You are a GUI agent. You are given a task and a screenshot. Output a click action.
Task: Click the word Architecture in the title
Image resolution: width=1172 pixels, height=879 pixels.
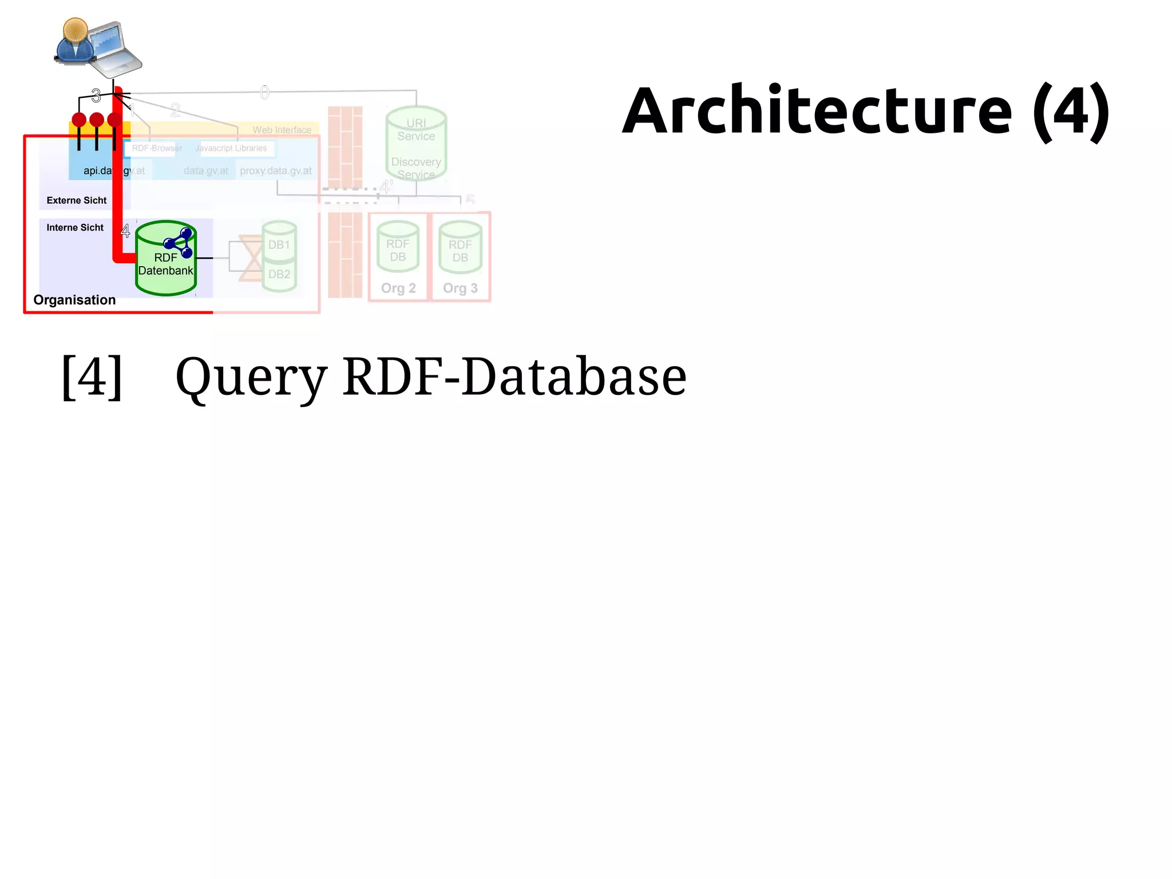[x=817, y=111]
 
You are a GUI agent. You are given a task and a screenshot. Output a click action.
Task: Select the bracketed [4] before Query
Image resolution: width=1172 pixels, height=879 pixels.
[x=92, y=377]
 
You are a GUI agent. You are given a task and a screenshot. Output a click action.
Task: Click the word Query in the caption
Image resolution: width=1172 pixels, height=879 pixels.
[x=251, y=378]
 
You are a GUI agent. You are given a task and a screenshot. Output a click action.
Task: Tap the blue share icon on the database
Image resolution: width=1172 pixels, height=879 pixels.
[x=179, y=243]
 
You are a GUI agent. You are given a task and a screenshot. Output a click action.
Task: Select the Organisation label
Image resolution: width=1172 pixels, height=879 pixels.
[x=74, y=300]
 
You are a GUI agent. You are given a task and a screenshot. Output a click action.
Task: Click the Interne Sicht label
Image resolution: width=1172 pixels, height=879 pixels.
[x=75, y=228]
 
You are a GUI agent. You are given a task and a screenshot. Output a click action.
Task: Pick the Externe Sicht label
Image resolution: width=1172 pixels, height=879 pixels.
[x=77, y=200]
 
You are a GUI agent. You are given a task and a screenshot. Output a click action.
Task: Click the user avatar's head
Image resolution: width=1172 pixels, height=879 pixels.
[x=76, y=30]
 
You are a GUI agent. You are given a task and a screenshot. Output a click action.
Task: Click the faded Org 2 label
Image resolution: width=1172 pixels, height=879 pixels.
[x=398, y=288]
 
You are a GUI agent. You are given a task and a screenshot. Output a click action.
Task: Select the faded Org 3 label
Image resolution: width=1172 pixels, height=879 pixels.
[x=460, y=288]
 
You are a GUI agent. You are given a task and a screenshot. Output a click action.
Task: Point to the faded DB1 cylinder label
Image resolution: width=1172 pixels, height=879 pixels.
[x=279, y=245]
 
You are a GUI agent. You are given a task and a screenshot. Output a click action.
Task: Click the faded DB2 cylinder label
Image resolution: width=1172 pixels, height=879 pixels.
[x=279, y=274]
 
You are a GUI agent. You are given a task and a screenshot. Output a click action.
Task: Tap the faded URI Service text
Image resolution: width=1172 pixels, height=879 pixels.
[x=416, y=130]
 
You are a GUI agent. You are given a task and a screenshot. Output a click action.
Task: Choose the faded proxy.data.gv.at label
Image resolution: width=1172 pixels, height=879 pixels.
[x=276, y=171]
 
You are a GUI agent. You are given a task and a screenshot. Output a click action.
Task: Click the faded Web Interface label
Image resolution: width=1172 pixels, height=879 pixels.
[x=282, y=130]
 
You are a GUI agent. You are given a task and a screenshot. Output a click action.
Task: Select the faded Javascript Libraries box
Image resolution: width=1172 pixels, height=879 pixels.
[x=231, y=148]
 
